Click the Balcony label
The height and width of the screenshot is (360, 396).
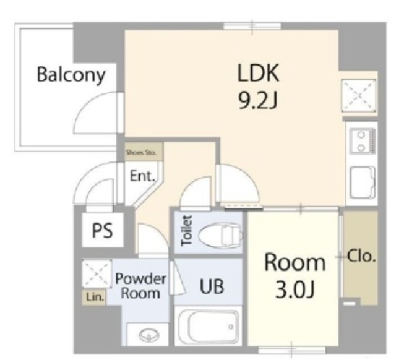[71, 75]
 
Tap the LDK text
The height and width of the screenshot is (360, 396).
[258, 73]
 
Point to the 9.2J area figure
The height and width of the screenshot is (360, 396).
[258, 100]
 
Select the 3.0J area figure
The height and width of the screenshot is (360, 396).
[295, 289]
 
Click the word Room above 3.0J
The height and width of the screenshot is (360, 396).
[295, 262]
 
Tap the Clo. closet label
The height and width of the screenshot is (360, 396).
[361, 257]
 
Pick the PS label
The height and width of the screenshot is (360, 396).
[102, 230]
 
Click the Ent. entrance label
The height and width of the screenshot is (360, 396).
[142, 176]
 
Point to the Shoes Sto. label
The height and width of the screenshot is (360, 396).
[141, 153]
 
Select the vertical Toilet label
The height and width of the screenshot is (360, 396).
[187, 230]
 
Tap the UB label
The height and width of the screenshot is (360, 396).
[212, 286]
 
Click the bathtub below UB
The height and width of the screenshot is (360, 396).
[208, 327]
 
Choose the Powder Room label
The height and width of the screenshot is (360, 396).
[140, 286]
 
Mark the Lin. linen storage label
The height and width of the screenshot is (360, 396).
[95, 298]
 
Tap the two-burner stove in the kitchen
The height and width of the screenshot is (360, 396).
[363, 141]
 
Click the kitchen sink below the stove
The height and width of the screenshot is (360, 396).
[363, 182]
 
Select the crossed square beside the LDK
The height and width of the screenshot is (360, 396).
[359, 95]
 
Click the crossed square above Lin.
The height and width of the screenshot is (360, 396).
[97, 273]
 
